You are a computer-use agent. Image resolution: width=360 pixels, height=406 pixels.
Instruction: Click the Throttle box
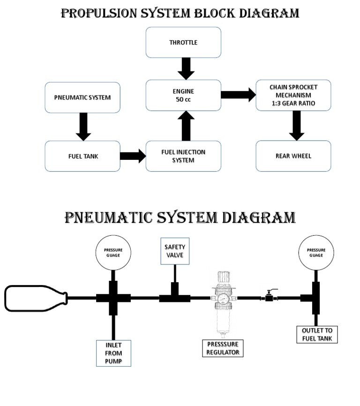pyautogui.click(x=183, y=43)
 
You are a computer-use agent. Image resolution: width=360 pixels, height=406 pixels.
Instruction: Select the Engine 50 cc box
pyautogui.click(x=183, y=95)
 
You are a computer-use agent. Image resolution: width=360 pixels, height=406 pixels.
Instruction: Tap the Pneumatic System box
pyautogui.click(x=83, y=98)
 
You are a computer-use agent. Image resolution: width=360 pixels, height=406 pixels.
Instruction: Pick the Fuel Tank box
pyautogui.click(x=83, y=156)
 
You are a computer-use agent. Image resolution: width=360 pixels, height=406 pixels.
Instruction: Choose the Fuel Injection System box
pyautogui.click(x=183, y=156)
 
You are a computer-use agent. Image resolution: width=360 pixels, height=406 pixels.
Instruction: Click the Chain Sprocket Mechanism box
pyautogui.click(x=293, y=95)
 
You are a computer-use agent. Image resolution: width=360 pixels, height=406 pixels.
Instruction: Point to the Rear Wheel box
pyautogui.click(x=293, y=156)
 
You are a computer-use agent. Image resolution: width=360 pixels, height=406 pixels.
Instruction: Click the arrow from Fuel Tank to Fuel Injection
pyautogui.click(x=133, y=156)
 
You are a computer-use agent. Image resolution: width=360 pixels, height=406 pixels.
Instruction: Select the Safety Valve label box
pyautogui.click(x=175, y=251)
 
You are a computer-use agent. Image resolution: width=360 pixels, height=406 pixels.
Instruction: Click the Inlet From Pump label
pyautogui.click(x=112, y=353)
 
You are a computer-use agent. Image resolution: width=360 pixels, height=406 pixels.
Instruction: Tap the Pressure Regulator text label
pyautogui.click(x=223, y=348)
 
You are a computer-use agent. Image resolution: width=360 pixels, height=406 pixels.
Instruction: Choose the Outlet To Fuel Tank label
pyautogui.click(x=317, y=334)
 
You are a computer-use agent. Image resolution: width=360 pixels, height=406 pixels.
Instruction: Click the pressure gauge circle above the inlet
pyautogui.click(x=113, y=253)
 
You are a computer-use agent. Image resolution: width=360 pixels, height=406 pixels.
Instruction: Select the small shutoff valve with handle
pyautogui.click(x=270, y=296)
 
